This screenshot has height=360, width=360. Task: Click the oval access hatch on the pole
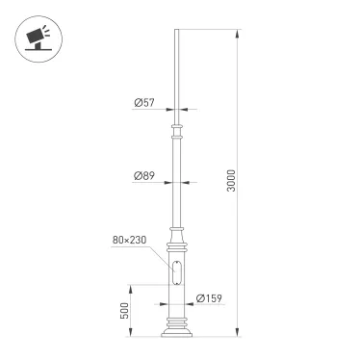click(177, 272)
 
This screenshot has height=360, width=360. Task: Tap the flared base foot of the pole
click(177, 333)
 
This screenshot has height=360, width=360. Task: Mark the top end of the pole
click(177, 32)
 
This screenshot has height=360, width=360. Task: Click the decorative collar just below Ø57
click(177, 127)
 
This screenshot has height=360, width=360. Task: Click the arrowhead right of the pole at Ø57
click(183, 108)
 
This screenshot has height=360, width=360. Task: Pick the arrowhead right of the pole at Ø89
click(185, 182)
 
